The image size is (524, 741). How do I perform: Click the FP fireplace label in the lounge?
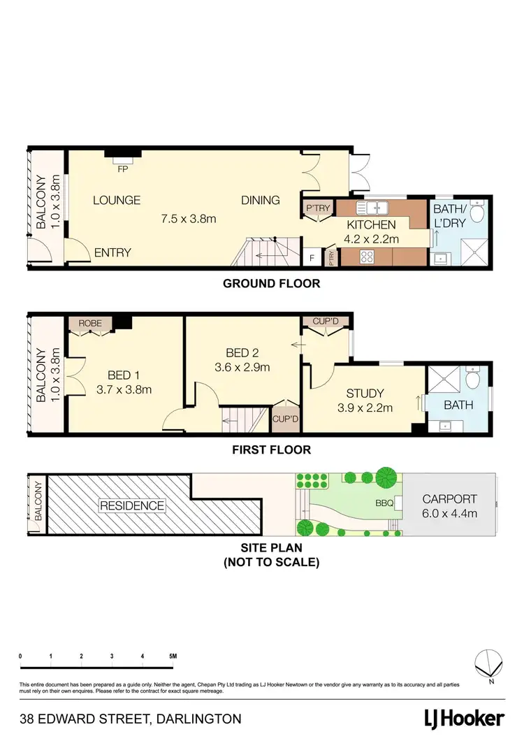(x=122, y=168)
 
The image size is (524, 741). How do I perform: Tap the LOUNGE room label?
(x=117, y=200)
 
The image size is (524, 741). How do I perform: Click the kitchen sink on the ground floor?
(x=372, y=208)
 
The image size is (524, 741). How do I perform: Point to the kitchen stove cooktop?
(x=368, y=257)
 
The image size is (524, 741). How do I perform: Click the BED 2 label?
(x=243, y=353)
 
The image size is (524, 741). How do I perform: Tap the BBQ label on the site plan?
(x=384, y=503)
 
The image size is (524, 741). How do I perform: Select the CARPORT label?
(x=449, y=499)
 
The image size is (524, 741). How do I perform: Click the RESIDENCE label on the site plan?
(x=132, y=505)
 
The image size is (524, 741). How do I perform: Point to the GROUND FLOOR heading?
(x=271, y=284)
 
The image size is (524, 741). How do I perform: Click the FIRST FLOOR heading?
(x=271, y=450)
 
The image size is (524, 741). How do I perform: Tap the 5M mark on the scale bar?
(x=173, y=656)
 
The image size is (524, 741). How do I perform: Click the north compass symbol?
(x=490, y=663)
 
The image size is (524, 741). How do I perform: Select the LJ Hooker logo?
(x=465, y=719)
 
